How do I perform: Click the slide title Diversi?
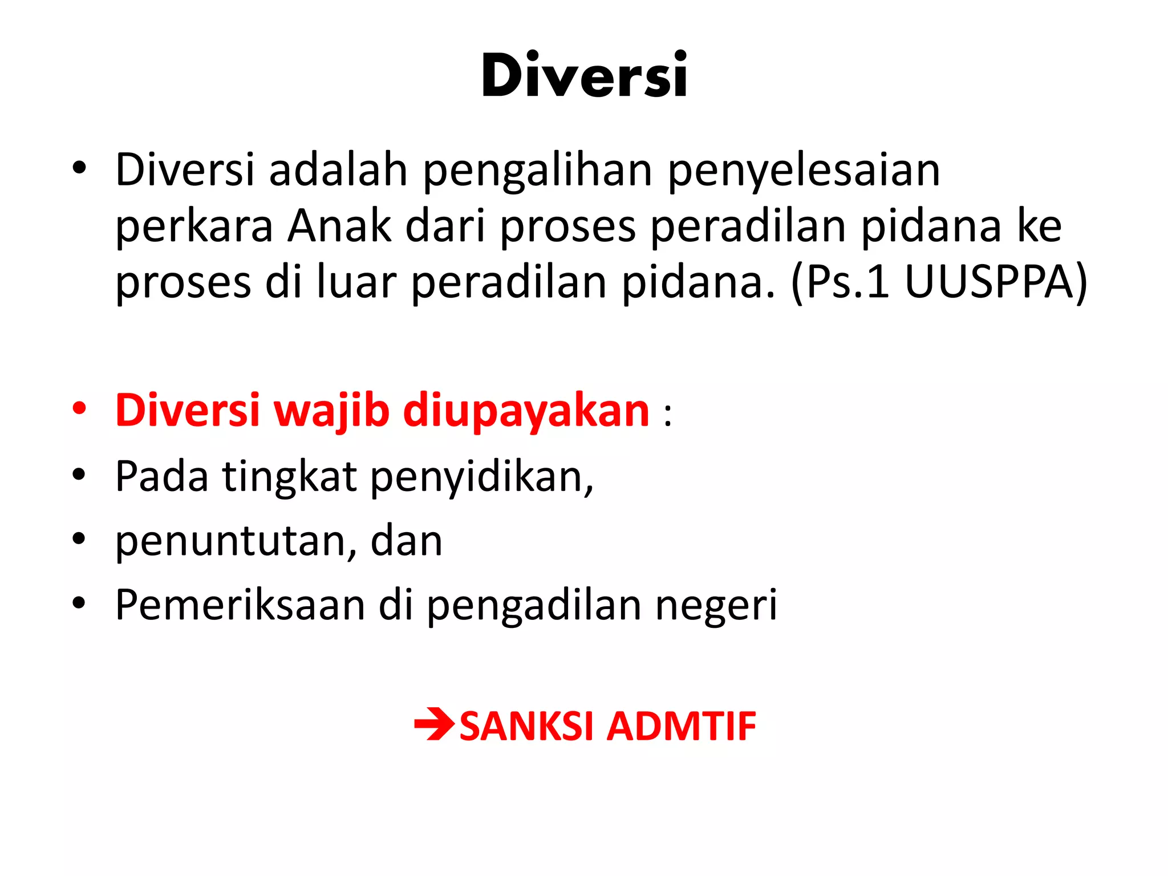(x=584, y=75)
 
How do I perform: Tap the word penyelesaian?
(x=804, y=171)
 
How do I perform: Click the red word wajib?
(x=331, y=411)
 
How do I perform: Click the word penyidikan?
(x=482, y=477)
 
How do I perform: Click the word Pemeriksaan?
(x=240, y=605)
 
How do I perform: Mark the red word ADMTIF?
(x=681, y=726)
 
